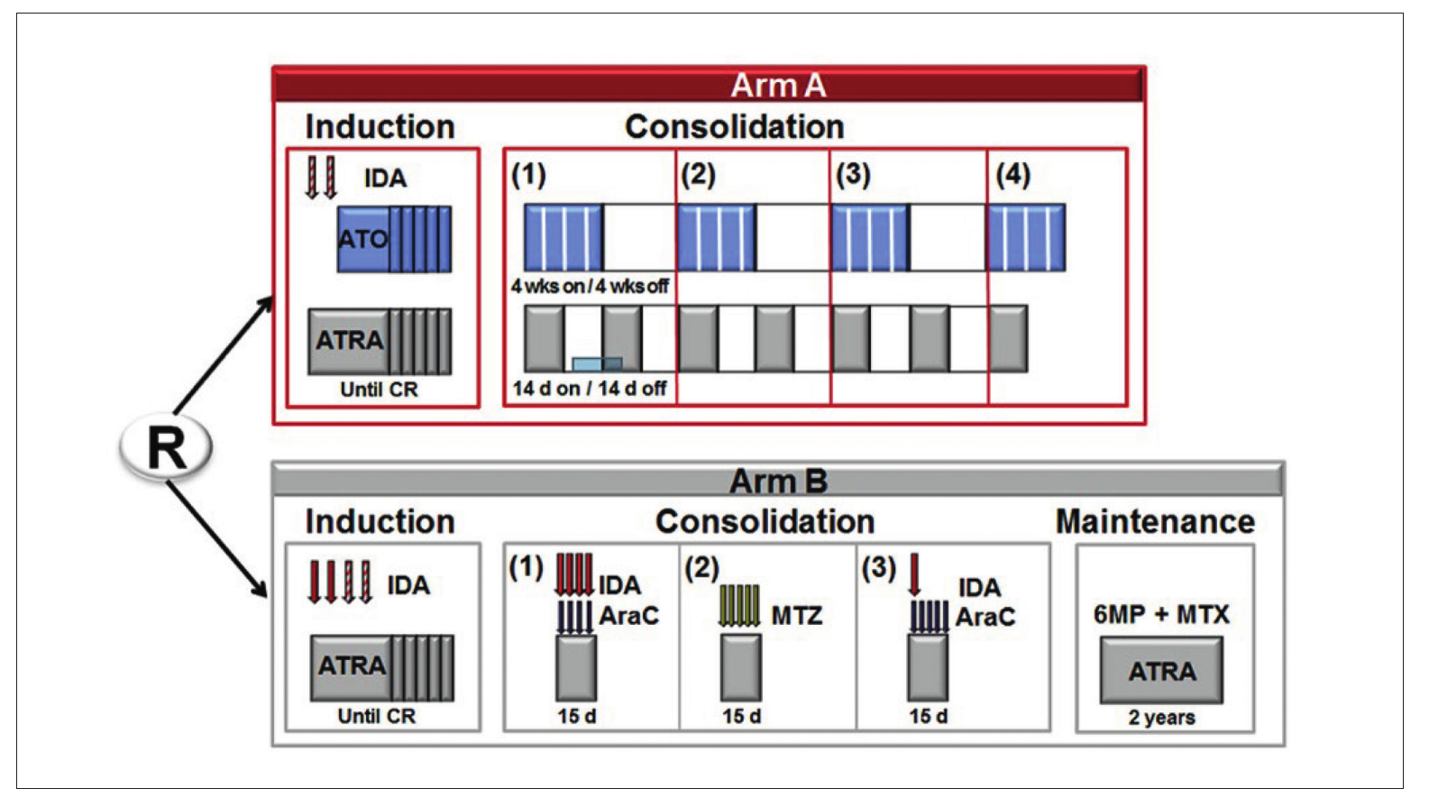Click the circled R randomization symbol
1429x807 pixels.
pyautogui.click(x=166, y=446)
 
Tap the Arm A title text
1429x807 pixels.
pyautogui.click(x=778, y=86)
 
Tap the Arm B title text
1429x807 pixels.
pyautogui.click(x=778, y=481)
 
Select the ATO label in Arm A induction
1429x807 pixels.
pyautogui.click(x=363, y=239)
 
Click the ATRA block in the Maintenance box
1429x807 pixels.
pyautogui.click(x=1162, y=671)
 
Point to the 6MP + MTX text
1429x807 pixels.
pyautogui.click(x=1161, y=614)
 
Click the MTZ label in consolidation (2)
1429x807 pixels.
pyautogui.click(x=797, y=616)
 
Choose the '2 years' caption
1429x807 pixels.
pyautogui.click(x=1162, y=717)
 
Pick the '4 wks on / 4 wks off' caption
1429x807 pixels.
pyautogui.click(x=590, y=286)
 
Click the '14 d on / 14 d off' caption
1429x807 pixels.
pyautogui.click(x=590, y=388)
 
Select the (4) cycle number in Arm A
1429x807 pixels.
pyautogui.click(x=1013, y=174)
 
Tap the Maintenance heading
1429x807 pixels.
pyautogui.click(x=1155, y=521)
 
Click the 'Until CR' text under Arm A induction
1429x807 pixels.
pyautogui.click(x=379, y=390)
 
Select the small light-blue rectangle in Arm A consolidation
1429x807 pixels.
pyautogui.click(x=597, y=364)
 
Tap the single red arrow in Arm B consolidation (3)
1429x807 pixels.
pyautogui.click(x=914, y=574)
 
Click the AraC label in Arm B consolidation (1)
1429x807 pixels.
pyautogui.click(x=629, y=616)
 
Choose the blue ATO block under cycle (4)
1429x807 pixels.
pyautogui.click(x=1027, y=237)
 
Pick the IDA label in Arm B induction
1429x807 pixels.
pyautogui.click(x=409, y=585)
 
